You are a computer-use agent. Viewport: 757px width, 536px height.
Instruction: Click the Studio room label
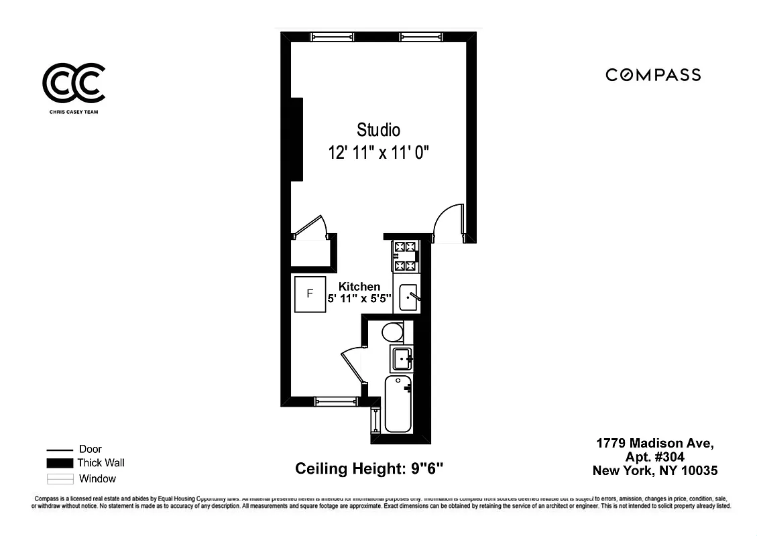pos(378,129)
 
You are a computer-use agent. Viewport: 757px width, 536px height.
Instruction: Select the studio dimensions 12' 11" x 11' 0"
pos(378,153)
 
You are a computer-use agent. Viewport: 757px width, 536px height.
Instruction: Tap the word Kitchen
pos(359,286)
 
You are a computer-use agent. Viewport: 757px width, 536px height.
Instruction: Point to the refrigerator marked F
pos(310,293)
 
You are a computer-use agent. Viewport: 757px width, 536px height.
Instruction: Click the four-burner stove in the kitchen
pos(406,257)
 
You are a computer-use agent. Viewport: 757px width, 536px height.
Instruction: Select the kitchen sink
pos(409,297)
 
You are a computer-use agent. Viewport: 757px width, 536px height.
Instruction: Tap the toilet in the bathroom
pos(392,332)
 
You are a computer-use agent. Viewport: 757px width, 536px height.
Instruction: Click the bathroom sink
pos(402,358)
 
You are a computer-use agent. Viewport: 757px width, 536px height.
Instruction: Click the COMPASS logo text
pos(653,75)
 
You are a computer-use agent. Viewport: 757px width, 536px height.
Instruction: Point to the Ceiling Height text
pos(369,468)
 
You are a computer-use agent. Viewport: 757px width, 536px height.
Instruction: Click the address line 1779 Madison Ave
pos(655,444)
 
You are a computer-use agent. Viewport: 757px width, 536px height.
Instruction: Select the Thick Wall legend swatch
pos(60,463)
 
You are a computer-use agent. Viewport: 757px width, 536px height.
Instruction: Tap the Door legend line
pos(60,450)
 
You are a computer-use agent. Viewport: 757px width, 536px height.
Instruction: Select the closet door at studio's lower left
pos(310,226)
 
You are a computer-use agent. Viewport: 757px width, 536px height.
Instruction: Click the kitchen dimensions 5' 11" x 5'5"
pos(359,299)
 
